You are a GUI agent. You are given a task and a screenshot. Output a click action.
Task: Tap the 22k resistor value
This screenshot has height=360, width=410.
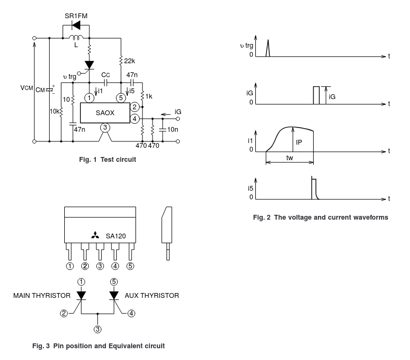[130, 61]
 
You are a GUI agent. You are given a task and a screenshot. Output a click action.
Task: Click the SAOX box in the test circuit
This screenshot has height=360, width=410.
[104, 113]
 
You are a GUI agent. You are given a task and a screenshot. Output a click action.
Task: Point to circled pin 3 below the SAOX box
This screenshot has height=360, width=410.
[105, 127]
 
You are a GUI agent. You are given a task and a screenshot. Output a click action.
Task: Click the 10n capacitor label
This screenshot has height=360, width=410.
[173, 130]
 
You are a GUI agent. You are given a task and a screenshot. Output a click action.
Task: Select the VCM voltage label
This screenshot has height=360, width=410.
[26, 88]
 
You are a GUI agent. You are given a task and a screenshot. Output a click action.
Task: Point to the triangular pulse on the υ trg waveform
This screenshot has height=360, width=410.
[269, 48]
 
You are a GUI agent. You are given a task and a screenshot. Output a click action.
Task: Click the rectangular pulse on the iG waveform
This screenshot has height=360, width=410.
[316, 94]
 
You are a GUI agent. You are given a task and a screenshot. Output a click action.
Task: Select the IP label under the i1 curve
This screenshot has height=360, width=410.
[300, 142]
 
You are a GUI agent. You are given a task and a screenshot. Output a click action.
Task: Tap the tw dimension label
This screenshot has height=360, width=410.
[290, 159]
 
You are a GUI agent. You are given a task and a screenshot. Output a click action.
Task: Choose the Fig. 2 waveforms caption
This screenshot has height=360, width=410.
[320, 217]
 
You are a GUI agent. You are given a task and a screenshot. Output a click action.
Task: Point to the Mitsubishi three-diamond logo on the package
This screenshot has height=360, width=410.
[95, 235]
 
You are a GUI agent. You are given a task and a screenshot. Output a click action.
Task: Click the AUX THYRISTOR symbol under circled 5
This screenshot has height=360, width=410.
[113, 295]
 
